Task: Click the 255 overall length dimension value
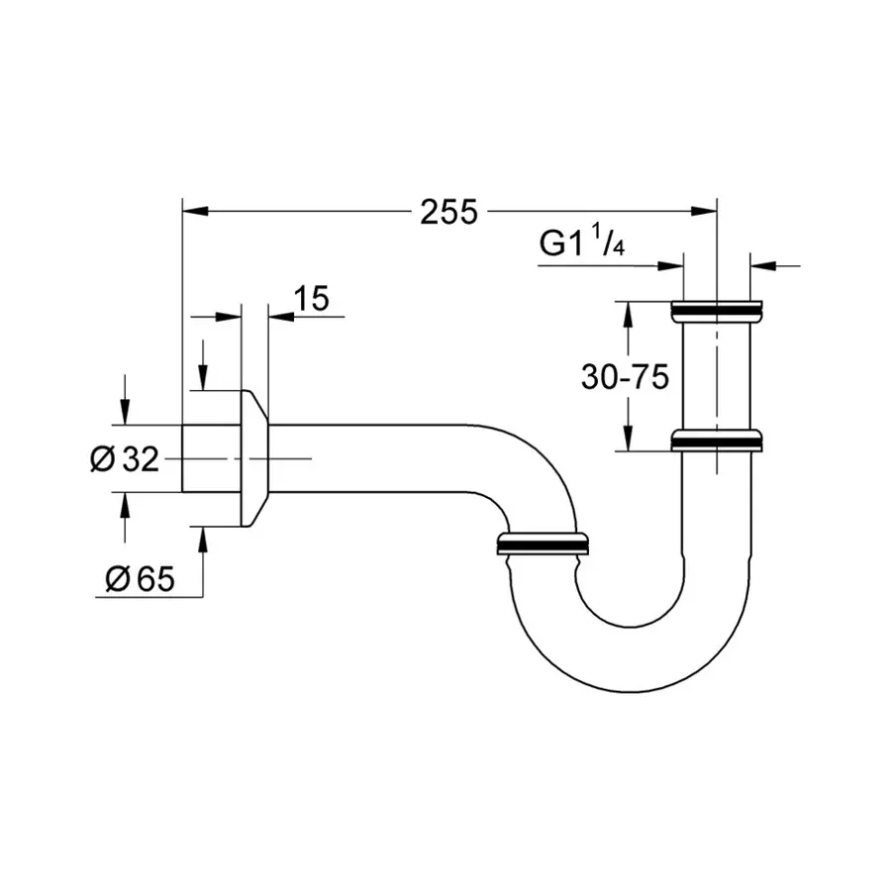point(448,211)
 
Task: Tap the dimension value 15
point(311,298)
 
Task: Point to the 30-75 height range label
point(626,376)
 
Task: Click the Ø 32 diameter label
point(124,458)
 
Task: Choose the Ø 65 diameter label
point(139,579)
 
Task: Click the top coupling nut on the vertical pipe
point(716,311)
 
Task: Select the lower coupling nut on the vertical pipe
point(716,441)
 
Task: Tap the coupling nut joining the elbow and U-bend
point(542,544)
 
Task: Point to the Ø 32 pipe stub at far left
point(211,458)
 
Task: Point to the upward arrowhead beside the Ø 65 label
point(203,538)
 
